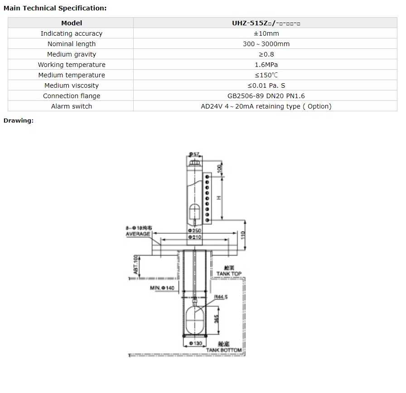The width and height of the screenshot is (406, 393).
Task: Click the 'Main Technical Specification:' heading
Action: (55, 8)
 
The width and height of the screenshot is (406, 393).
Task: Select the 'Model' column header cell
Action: (72, 23)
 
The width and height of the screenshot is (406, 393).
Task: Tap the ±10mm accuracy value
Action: (266, 33)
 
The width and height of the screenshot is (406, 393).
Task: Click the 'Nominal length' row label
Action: (72, 44)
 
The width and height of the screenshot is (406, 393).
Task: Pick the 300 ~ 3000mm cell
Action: (266, 44)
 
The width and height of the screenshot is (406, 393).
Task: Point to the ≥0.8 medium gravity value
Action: (266, 54)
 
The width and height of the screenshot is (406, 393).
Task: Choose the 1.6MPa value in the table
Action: (266, 65)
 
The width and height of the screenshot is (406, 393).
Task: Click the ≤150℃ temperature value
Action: (266, 75)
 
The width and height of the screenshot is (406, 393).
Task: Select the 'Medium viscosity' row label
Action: (72, 85)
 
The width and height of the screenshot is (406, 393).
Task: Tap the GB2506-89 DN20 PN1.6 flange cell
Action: (266, 96)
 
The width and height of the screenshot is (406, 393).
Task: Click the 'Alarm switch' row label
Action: (72, 106)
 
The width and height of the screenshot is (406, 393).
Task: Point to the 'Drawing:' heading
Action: (19, 120)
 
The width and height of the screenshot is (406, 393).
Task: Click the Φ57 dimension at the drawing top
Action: (194, 155)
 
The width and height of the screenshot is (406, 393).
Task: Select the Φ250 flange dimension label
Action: (195, 231)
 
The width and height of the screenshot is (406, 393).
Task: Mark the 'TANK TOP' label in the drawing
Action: (229, 274)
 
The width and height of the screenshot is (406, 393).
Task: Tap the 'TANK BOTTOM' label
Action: (224, 350)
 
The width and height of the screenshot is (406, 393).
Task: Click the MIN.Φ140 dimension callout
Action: (162, 288)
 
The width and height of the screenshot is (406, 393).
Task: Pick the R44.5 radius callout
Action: (221, 297)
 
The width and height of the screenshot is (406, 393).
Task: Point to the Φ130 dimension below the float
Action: (195, 344)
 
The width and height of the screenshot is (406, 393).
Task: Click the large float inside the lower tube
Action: (195, 320)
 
